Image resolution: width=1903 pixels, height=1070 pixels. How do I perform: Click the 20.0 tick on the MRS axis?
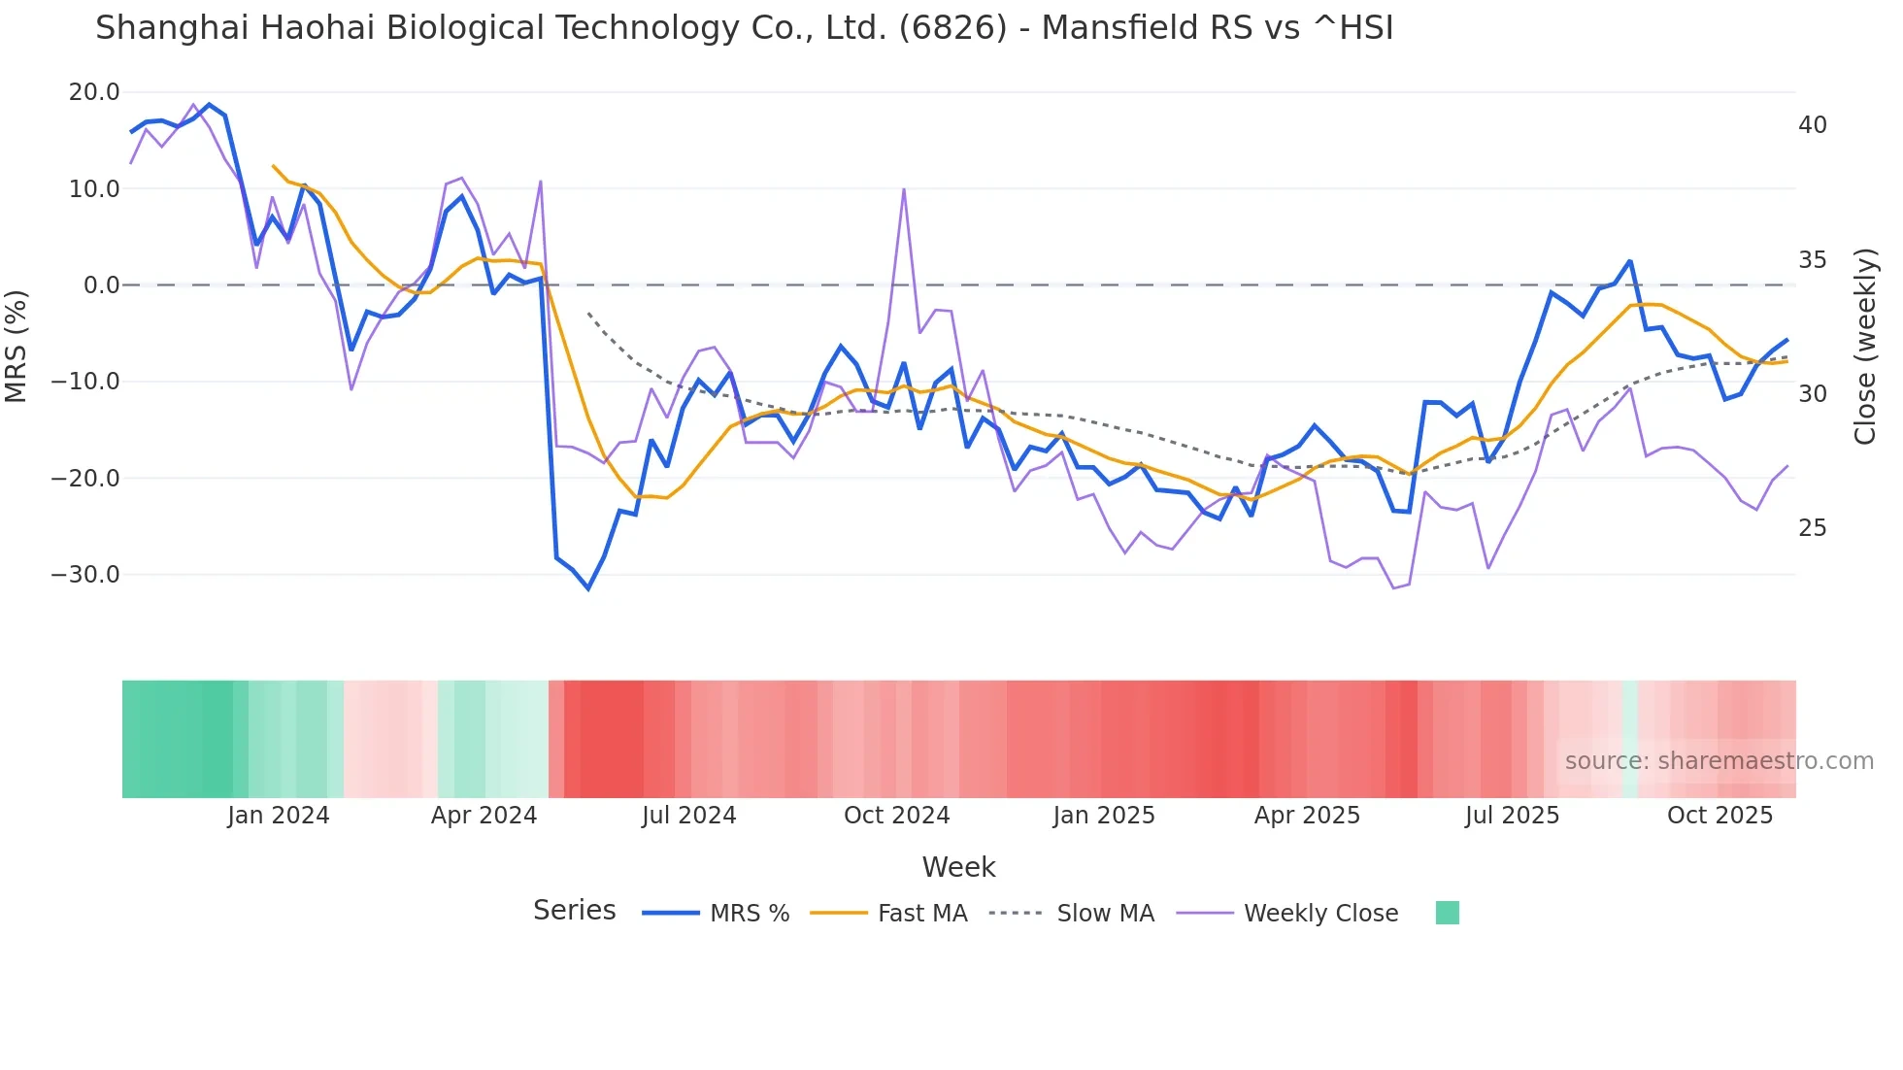coord(94,92)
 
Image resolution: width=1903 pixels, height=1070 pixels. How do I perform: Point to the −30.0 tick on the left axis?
coord(85,574)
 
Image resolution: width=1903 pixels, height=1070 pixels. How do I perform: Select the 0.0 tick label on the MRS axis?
coord(101,285)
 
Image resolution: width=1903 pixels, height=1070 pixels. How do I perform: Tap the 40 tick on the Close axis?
coord(1812,125)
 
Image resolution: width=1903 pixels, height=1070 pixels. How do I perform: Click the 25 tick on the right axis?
coord(1812,528)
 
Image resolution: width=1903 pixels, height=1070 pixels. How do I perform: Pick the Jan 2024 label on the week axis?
coord(279,816)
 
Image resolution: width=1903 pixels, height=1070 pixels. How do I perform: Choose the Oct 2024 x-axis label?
coord(896,816)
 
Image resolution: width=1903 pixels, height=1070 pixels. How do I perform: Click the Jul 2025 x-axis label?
coord(1512,816)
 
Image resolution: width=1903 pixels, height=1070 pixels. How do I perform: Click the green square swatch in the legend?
coord(1447,913)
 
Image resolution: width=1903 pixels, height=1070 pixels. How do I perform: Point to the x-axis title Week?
coord(958,867)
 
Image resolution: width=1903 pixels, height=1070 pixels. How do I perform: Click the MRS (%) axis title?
coord(17,346)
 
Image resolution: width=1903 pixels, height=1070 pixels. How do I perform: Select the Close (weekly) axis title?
coord(1865,346)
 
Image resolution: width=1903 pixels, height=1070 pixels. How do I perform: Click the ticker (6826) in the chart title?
coord(952,28)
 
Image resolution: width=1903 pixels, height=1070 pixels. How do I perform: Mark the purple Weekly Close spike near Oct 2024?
coord(904,189)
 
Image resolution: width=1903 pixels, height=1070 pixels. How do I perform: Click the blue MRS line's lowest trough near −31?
coord(587,588)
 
